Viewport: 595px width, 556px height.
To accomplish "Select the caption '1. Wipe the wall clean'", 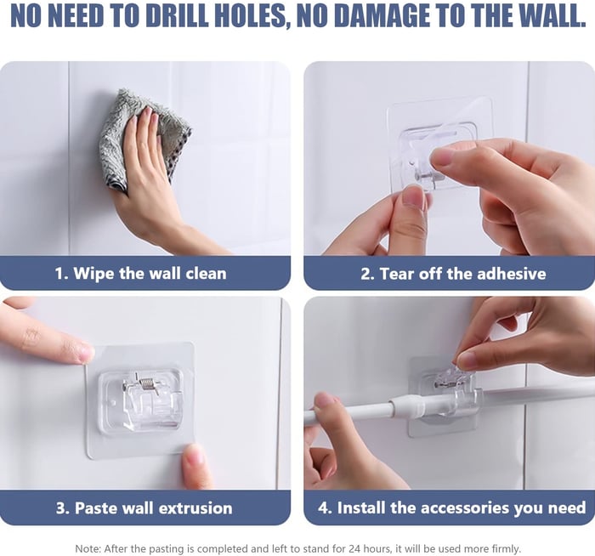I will pos(141,274).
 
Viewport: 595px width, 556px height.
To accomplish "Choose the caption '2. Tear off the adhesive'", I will pos(452,274).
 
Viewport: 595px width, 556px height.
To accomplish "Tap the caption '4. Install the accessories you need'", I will pos(452,508).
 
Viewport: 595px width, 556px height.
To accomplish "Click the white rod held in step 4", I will pos(357,412).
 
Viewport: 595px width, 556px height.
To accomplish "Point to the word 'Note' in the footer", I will pos(87,548).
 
